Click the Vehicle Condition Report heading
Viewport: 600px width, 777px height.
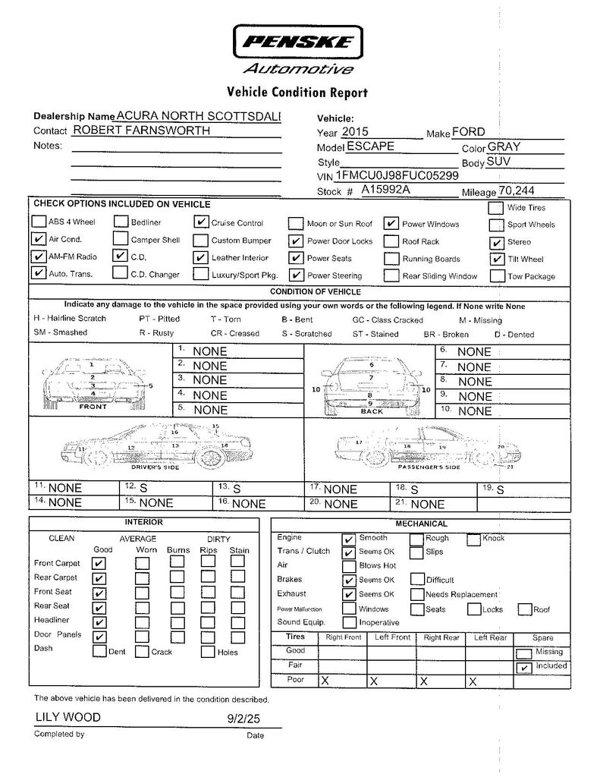coord(297,93)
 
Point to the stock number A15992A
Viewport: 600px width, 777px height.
coord(385,190)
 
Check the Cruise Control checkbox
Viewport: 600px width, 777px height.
coord(201,222)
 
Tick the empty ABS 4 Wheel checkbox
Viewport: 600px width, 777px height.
coord(39,222)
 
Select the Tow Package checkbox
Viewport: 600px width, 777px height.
coord(497,276)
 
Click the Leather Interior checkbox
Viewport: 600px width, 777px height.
coord(201,257)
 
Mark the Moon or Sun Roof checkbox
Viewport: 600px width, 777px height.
coord(296,223)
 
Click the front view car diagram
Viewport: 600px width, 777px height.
coord(93,379)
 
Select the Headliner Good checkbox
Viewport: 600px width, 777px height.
coord(99,622)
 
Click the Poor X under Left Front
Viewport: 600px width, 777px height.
coord(373,681)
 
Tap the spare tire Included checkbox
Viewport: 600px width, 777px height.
coord(523,668)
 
